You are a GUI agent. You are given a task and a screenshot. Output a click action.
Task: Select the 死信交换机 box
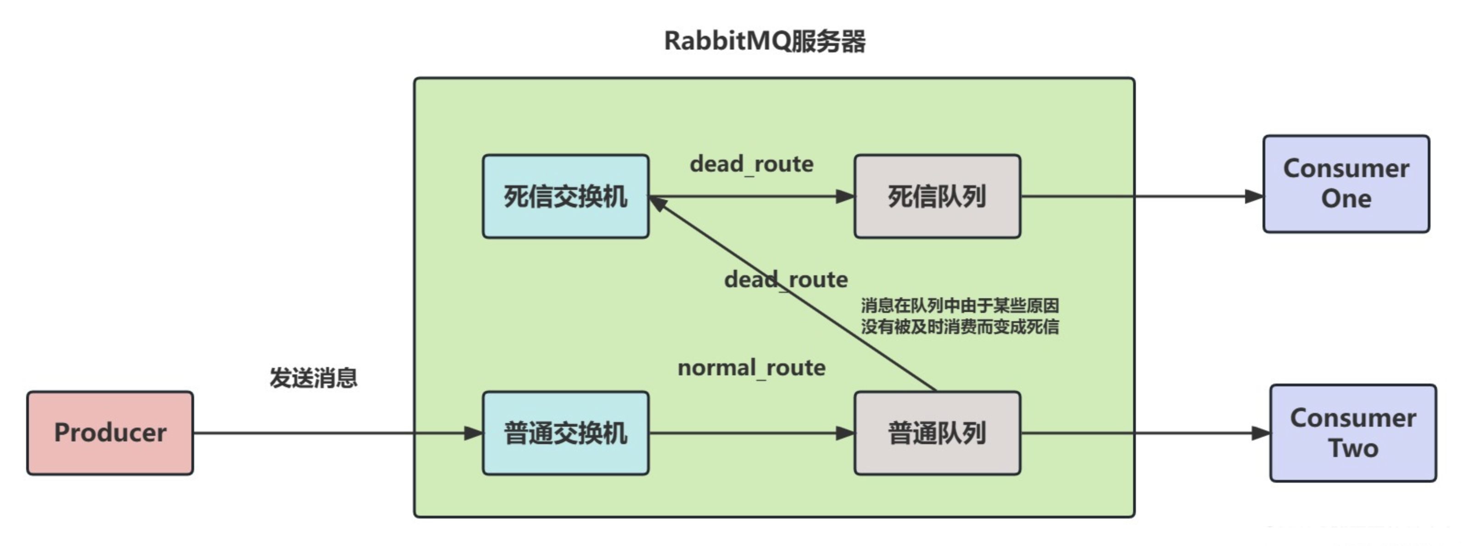(x=565, y=196)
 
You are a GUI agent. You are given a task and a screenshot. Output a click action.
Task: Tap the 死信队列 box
(x=937, y=196)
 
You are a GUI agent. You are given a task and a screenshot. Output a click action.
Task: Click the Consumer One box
(x=1346, y=184)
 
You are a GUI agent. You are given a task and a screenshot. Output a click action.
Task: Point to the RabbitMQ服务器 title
(x=765, y=41)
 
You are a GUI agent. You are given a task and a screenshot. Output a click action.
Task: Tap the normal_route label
(x=751, y=368)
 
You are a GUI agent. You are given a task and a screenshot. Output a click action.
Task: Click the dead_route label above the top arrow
(x=751, y=164)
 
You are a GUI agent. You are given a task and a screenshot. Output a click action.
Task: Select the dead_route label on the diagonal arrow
(x=785, y=279)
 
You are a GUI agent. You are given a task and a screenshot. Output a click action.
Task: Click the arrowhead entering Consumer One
(x=1254, y=196)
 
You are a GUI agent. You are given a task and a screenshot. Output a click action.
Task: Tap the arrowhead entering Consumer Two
(x=1261, y=433)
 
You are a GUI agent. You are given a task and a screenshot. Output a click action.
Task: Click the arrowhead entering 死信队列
(x=844, y=196)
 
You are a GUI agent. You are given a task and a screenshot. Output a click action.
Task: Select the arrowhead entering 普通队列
(x=844, y=433)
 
